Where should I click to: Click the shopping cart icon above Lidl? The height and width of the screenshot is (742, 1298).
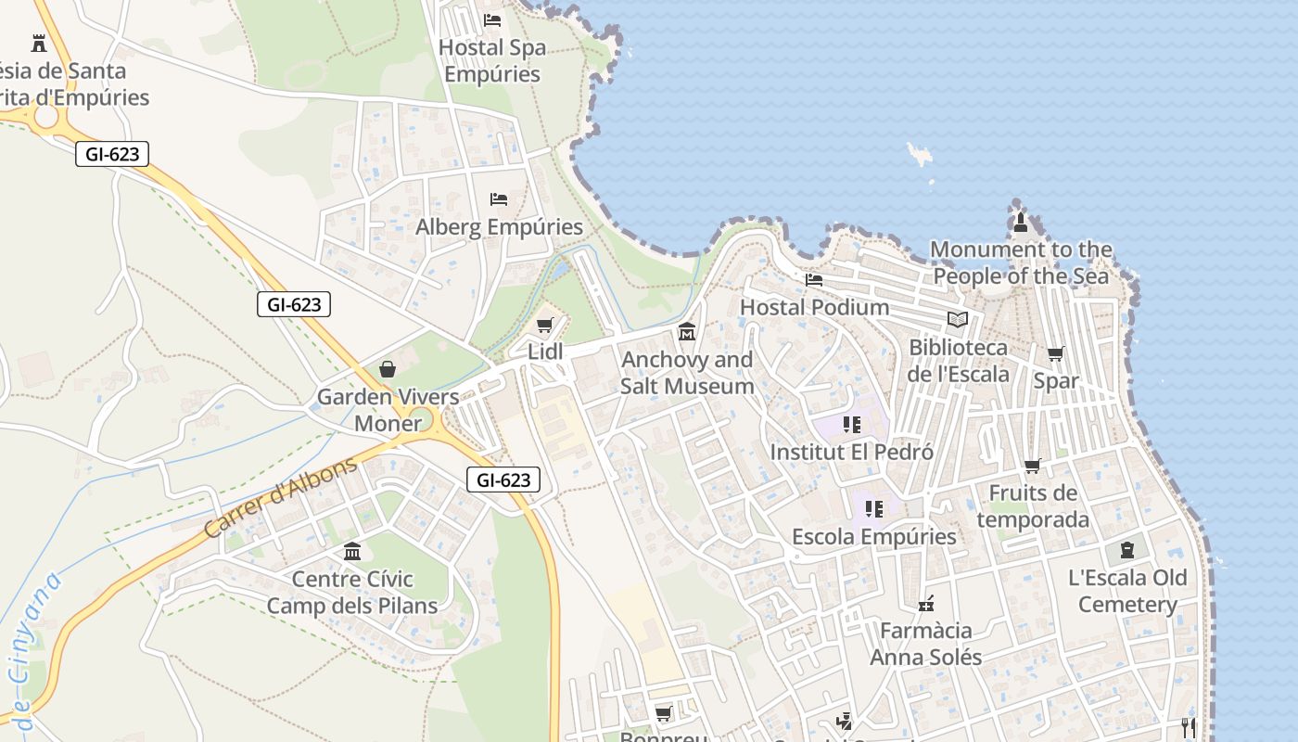pyautogui.click(x=545, y=326)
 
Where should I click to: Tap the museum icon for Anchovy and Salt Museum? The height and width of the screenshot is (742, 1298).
pyautogui.click(x=687, y=331)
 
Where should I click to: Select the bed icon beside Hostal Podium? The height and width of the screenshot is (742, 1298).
pyautogui.click(x=814, y=279)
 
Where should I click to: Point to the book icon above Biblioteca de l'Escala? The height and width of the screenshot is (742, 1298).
pyautogui.click(x=958, y=320)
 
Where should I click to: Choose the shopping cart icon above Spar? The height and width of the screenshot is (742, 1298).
pyautogui.click(x=1055, y=354)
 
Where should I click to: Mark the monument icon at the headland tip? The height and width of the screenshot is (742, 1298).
pyautogui.click(x=1021, y=222)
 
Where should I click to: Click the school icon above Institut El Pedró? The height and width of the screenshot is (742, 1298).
pyautogui.click(x=851, y=425)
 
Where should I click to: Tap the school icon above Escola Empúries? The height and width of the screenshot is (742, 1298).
pyautogui.click(x=873, y=509)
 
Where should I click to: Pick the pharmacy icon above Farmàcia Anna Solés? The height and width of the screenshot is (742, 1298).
pyautogui.click(x=925, y=604)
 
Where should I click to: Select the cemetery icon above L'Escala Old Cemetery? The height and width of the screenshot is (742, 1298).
pyautogui.click(x=1127, y=550)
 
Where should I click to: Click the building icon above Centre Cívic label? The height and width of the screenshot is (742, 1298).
pyautogui.click(x=352, y=552)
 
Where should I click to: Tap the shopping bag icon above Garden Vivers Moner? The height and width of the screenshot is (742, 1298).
pyautogui.click(x=388, y=369)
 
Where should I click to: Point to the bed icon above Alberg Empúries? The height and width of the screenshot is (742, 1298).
pyautogui.click(x=499, y=199)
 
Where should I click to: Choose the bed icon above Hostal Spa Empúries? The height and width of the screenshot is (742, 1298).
pyautogui.click(x=492, y=19)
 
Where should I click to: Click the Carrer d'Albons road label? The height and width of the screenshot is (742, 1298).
pyautogui.click(x=280, y=497)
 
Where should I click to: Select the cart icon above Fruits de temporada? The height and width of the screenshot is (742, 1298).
pyautogui.click(x=1032, y=466)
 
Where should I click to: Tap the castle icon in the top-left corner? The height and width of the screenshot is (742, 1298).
pyautogui.click(x=39, y=43)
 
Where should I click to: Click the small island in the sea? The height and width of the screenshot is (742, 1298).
pyautogui.click(x=920, y=154)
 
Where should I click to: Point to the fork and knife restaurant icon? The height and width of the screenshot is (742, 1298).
pyautogui.click(x=1189, y=726)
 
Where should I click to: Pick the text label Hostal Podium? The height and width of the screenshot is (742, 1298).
pyautogui.click(x=814, y=307)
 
